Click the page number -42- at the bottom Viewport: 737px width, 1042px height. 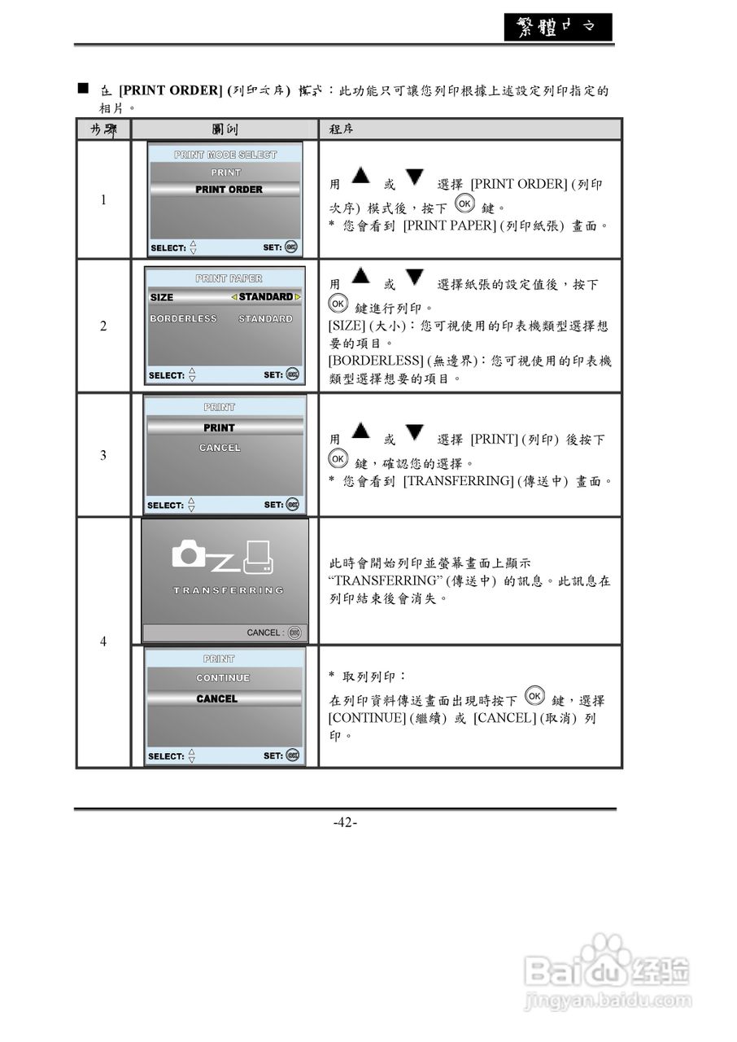point(345,822)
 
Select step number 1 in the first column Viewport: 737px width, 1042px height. point(103,200)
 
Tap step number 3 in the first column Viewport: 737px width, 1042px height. point(103,455)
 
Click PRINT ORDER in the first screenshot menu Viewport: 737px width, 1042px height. point(229,190)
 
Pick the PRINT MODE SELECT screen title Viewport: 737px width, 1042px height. point(225,155)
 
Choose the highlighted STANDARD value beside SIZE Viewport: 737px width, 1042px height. point(265,297)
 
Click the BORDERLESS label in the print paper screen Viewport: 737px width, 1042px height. point(183,319)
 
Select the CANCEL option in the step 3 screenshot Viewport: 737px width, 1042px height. point(220,448)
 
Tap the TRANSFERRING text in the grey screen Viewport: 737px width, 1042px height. point(228,590)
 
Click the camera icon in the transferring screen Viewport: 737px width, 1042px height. point(190,554)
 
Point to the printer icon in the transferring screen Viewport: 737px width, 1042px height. point(258,557)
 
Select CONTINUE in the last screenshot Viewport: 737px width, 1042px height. point(223,678)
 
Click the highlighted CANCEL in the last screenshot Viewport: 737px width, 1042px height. point(217,699)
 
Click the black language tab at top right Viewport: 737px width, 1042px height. point(556,27)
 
